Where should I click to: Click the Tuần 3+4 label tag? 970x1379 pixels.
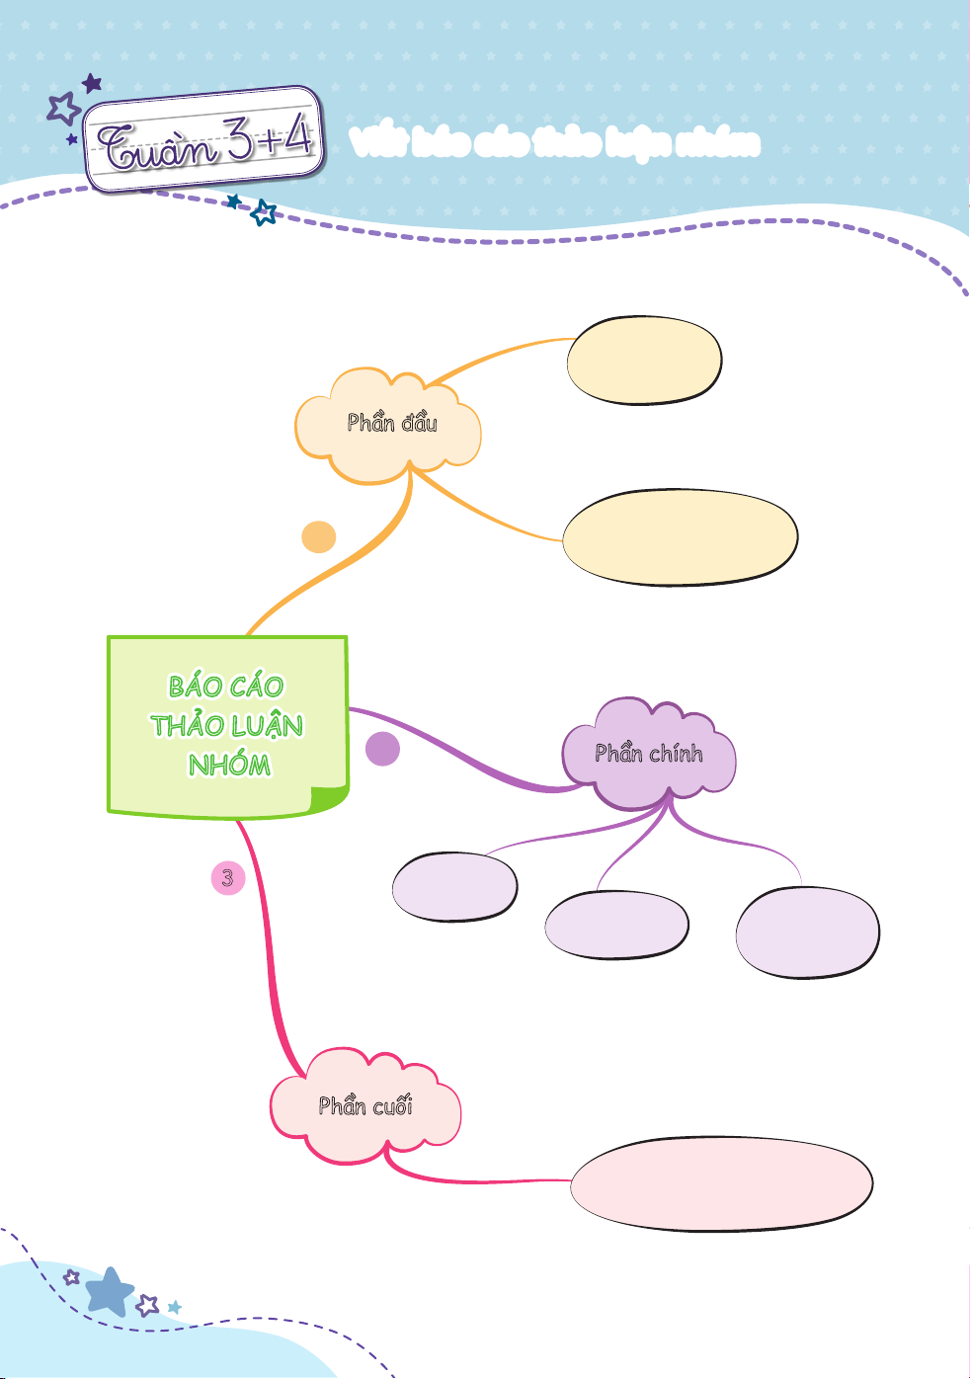pyautogui.click(x=205, y=140)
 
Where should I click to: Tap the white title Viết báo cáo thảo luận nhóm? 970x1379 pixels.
pyautogui.click(x=554, y=143)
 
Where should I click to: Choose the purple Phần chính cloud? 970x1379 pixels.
pyautogui.click(x=649, y=755)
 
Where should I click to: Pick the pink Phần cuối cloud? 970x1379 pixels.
pyautogui.click(x=364, y=1106)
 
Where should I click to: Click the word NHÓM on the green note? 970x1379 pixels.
pyautogui.click(x=229, y=765)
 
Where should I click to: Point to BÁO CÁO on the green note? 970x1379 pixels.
pyautogui.click(x=226, y=687)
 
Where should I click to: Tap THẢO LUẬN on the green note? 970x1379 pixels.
pyautogui.click(x=227, y=726)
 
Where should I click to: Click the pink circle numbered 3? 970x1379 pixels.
pyautogui.click(x=228, y=877)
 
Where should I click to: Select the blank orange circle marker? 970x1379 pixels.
pyautogui.click(x=318, y=537)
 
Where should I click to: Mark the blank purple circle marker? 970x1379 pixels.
pyautogui.click(x=382, y=749)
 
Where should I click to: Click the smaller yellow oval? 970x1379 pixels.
pyautogui.click(x=644, y=361)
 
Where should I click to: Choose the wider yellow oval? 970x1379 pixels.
pyautogui.click(x=680, y=537)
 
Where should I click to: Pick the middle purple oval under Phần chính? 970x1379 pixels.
pyautogui.click(x=616, y=925)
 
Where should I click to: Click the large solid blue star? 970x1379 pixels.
pyautogui.click(x=109, y=1291)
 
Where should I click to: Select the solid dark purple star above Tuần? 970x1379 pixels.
pyautogui.click(x=92, y=83)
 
